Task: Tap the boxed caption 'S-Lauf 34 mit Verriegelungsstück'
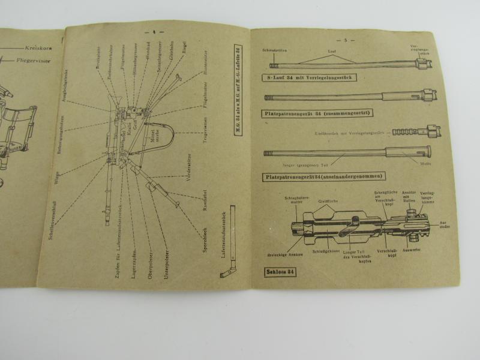(308, 77)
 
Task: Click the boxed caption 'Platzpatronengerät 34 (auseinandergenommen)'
(324, 176)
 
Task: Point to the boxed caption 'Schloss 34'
(280, 271)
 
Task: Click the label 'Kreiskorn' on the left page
(38, 47)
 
